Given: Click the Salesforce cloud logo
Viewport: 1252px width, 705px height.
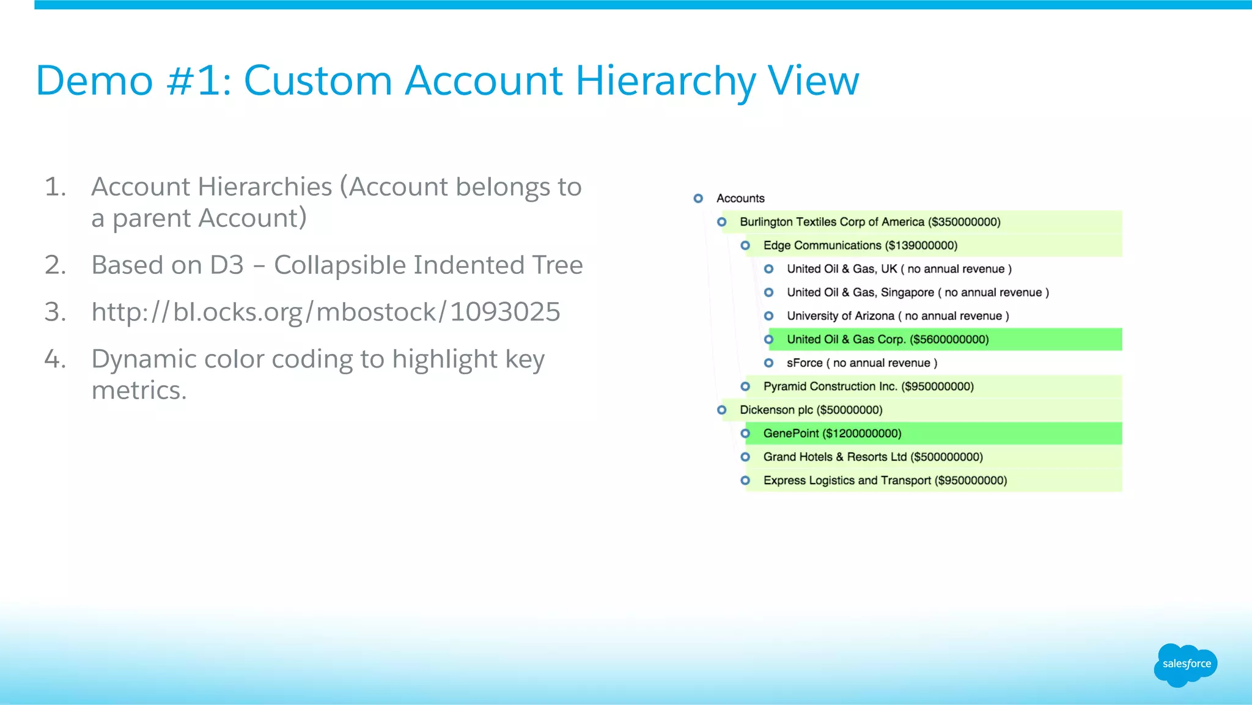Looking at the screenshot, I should coord(1185,665).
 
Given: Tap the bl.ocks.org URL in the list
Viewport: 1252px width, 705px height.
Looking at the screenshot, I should coord(325,312).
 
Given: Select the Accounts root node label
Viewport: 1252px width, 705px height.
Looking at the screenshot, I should coord(740,198).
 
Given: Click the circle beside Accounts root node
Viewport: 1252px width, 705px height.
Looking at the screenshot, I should coord(698,198).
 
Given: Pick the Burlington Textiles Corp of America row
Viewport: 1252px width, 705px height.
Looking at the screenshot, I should coord(869,222).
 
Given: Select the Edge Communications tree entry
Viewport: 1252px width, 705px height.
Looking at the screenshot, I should coord(860,245).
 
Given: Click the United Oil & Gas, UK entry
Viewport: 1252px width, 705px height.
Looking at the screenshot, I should coord(899,269).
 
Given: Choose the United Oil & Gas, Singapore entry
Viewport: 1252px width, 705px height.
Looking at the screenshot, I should coord(917,292).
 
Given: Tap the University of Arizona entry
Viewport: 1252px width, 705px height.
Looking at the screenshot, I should coord(897,316).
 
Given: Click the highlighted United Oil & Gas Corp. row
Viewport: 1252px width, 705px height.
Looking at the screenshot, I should coord(887,339).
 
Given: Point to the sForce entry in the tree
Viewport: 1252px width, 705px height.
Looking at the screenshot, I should coord(861,363).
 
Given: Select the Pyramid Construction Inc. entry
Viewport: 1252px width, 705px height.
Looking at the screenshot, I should coord(868,386).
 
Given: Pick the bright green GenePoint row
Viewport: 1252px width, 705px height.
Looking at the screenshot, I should coord(832,434).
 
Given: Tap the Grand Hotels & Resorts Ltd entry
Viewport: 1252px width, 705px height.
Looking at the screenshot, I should coord(872,457).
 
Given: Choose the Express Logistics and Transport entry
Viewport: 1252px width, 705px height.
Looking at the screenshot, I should coord(885,481).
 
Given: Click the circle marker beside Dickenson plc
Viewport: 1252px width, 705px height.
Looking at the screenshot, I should coord(722,410).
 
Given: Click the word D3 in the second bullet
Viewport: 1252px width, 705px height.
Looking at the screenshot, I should coord(227,265).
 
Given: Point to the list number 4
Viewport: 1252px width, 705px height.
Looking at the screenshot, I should coord(54,359).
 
